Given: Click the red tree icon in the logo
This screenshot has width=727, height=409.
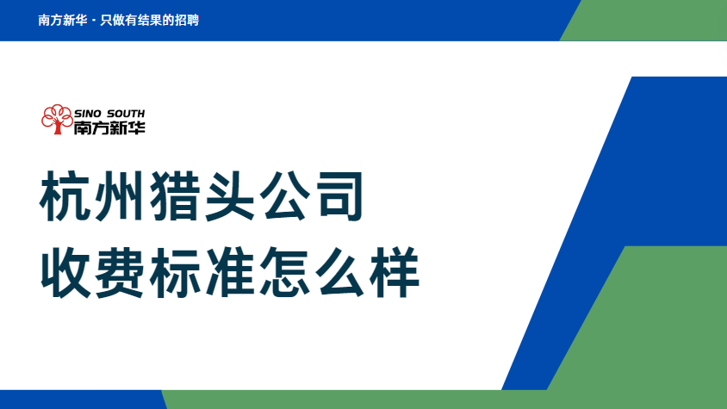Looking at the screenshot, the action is coord(57,119).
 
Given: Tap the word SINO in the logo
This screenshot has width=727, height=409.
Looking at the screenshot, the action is coord(87,114).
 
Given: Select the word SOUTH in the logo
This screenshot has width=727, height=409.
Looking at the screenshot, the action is coord(126,114).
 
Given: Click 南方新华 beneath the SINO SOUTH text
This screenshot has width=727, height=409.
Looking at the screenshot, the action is coord(109,127).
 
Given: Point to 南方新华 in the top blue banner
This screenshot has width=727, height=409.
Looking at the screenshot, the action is coord(63,20).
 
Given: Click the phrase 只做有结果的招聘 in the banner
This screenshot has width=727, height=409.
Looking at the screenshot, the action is coord(150,20).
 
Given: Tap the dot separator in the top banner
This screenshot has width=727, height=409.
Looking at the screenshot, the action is coord(94,21).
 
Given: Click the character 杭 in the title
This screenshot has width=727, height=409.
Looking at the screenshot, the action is coord(65,196).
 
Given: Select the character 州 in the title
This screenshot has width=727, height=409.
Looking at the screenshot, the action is coord(119,196).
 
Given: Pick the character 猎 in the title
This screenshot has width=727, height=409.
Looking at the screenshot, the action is coord(174,196).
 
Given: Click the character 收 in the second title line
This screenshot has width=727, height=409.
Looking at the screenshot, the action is coord(65,272).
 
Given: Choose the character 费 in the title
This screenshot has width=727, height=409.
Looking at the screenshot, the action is coord(119,272).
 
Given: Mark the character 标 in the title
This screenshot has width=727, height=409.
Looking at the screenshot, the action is coord(174,272).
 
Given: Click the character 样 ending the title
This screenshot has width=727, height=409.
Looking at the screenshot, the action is coord(395,272).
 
